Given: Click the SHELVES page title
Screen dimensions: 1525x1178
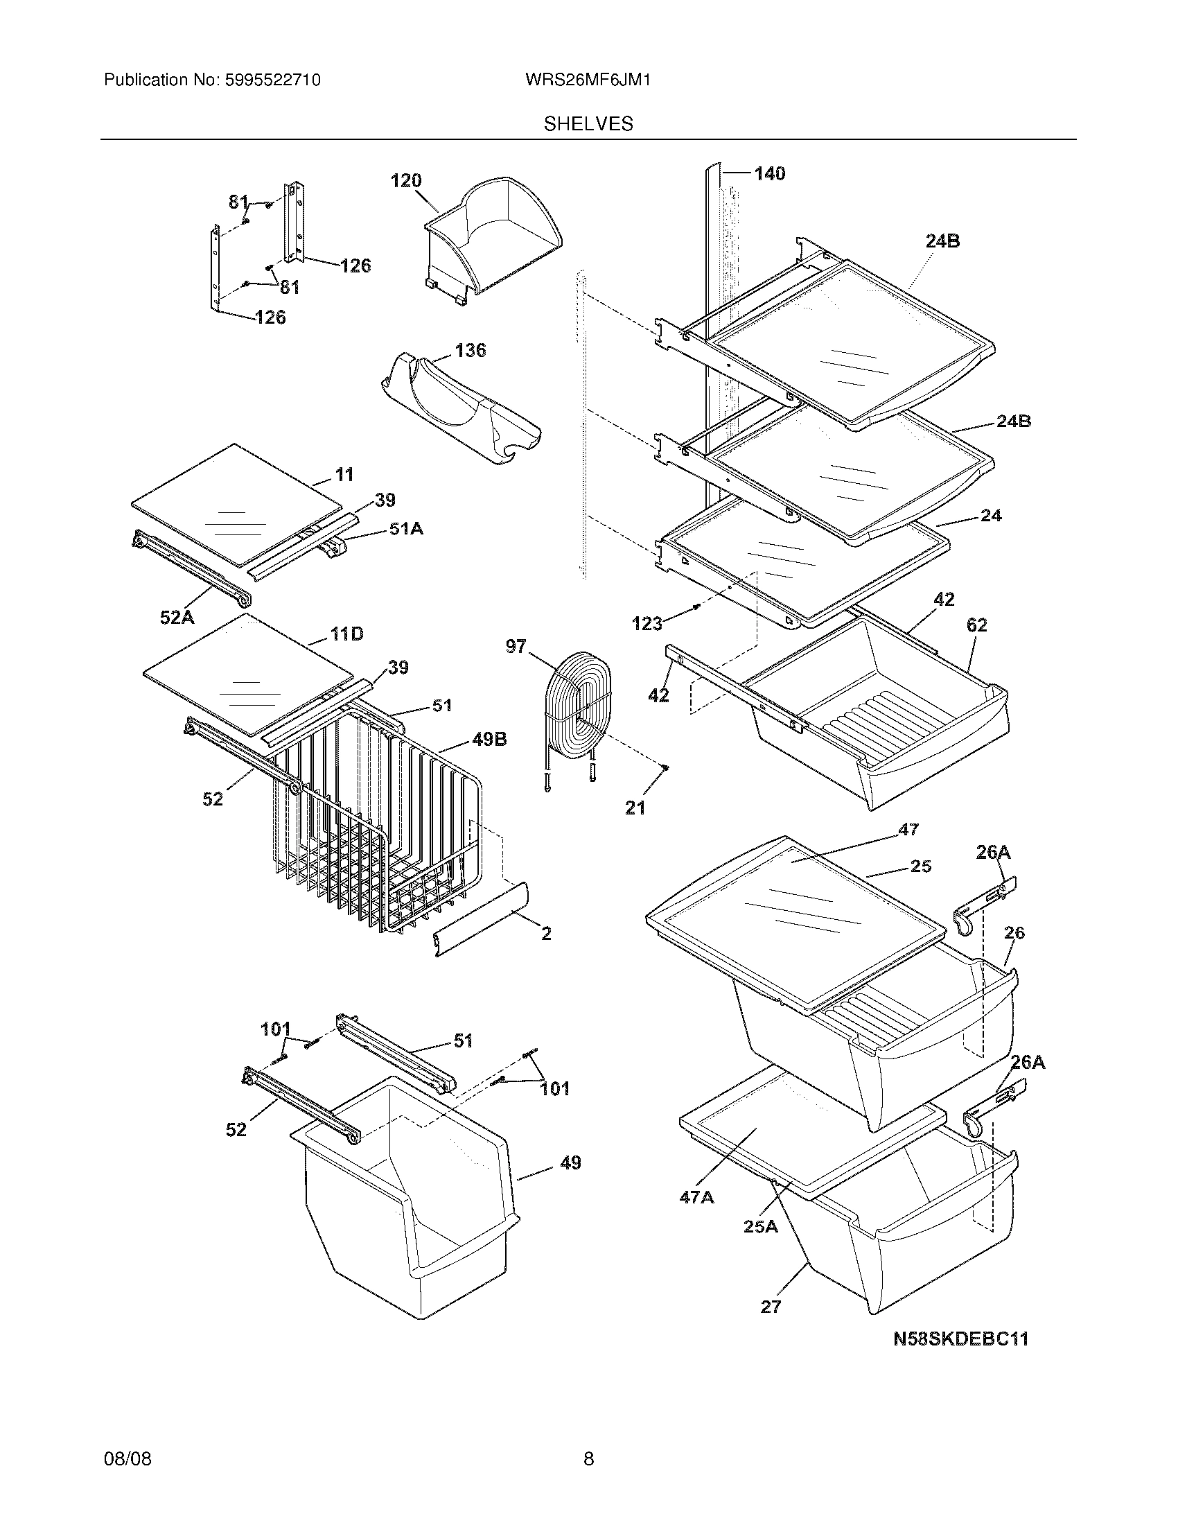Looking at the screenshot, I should [588, 124].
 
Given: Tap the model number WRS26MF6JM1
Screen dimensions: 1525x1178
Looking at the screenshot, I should [588, 80].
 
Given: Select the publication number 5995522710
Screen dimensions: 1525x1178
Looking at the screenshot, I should [272, 80].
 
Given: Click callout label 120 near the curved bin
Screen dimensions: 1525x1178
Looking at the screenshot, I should [406, 181].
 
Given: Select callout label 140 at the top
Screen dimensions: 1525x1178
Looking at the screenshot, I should [769, 173].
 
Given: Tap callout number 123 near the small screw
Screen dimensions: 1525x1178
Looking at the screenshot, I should [647, 624].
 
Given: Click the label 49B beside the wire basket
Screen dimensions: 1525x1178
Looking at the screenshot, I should [489, 739].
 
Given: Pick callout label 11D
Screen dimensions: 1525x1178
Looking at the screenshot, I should [346, 634].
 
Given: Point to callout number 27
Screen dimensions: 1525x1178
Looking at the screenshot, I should [771, 1307].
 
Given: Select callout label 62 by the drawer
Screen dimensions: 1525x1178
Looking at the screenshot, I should [976, 625].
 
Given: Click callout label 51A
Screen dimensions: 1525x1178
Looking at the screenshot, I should [406, 530].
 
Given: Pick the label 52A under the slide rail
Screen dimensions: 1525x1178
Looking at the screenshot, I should [177, 616].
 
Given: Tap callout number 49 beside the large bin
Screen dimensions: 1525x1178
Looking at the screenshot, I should [570, 1162].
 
